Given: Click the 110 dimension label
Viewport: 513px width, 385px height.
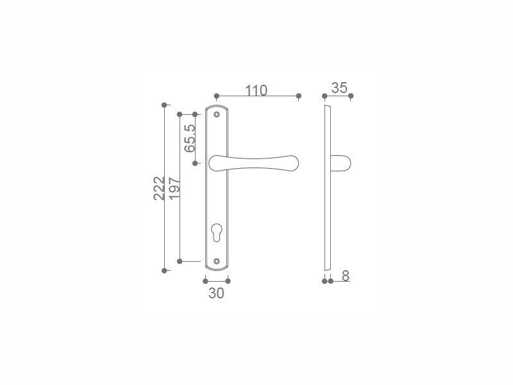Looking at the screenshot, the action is [256, 90].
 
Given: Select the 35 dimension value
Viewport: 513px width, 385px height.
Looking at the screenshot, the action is [339, 88].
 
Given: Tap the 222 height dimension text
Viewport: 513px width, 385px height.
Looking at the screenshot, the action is [159, 188].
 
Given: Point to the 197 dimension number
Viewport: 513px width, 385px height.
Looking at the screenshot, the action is [174, 188].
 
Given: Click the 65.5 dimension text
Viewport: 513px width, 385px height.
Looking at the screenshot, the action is [190, 139].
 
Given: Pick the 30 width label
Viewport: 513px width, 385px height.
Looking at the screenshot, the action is [216, 293].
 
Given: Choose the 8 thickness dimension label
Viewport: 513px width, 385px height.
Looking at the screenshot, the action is [346, 276].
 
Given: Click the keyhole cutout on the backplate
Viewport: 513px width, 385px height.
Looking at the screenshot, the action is [217, 232].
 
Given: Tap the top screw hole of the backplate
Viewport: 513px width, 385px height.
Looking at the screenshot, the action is [216, 114].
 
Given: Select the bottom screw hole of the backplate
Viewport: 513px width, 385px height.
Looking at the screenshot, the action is [216, 261].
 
